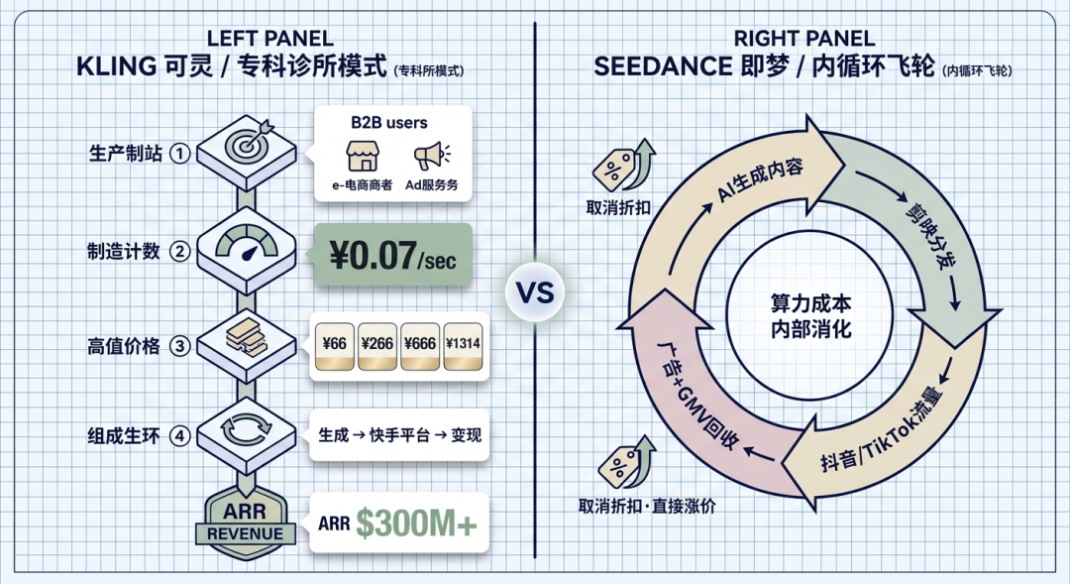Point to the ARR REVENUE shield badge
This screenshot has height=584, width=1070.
(244, 520)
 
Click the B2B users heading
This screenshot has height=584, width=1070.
(388, 122)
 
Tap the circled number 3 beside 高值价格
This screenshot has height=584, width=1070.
(179, 346)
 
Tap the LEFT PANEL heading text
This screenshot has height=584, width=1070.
(269, 39)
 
